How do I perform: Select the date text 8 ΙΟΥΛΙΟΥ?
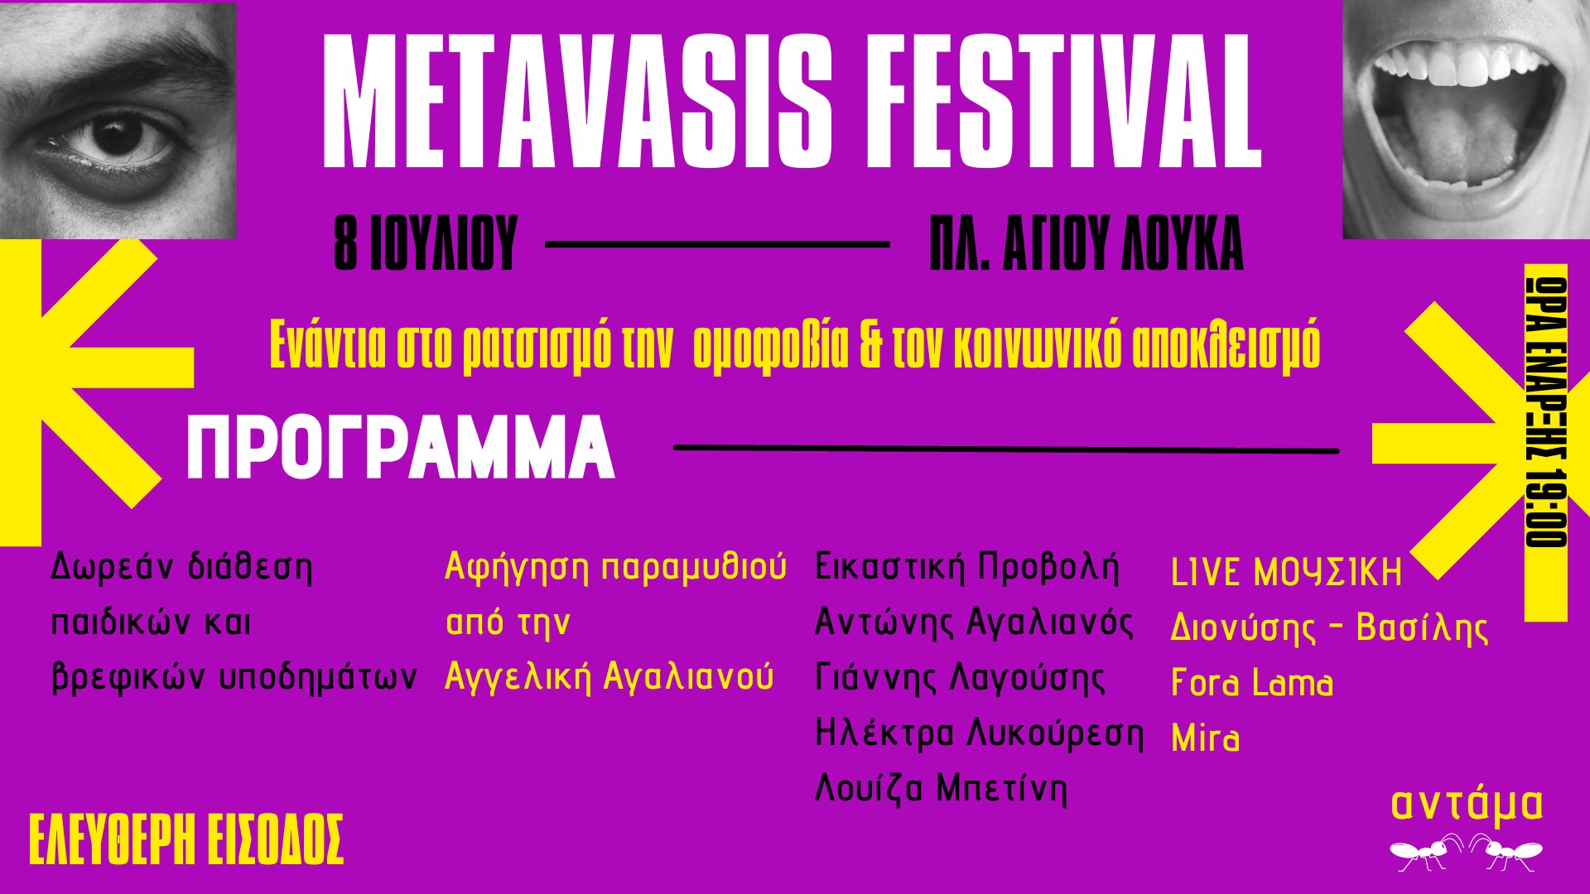pyautogui.click(x=426, y=244)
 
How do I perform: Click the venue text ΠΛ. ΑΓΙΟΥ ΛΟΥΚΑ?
pyautogui.click(x=1086, y=244)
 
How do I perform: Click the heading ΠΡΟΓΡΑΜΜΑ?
pyautogui.click(x=401, y=449)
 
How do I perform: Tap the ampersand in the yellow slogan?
pyautogui.click(x=871, y=345)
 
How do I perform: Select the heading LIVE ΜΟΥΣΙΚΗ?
pyautogui.click(x=1287, y=573)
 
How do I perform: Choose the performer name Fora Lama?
pyautogui.click(x=1252, y=683)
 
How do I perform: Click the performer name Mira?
pyautogui.click(x=1206, y=738)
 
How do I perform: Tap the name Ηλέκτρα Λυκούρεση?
pyautogui.click(x=980, y=733)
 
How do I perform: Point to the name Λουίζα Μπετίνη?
pyautogui.click(x=942, y=788)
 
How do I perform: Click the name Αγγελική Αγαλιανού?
pyautogui.click(x=609, y=677)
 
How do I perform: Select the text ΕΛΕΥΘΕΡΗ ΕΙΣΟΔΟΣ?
pyautogui.click(x=186, y=840)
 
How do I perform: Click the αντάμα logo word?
pyautogui.click(x=1467, y=804)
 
